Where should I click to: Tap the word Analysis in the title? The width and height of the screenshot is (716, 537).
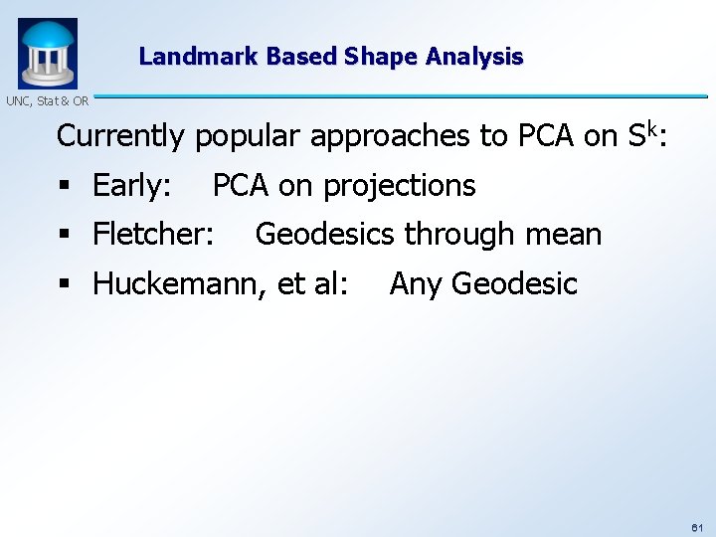474,57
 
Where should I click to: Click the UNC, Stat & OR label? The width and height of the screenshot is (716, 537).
46,101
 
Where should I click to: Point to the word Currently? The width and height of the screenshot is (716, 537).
121,136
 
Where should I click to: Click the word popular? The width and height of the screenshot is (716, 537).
249,137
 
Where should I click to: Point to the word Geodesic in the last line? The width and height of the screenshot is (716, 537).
514,284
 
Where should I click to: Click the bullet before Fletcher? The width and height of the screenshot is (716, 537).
64,236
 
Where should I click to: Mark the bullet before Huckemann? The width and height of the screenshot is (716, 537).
64,285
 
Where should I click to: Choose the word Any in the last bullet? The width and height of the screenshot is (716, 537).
416,284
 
